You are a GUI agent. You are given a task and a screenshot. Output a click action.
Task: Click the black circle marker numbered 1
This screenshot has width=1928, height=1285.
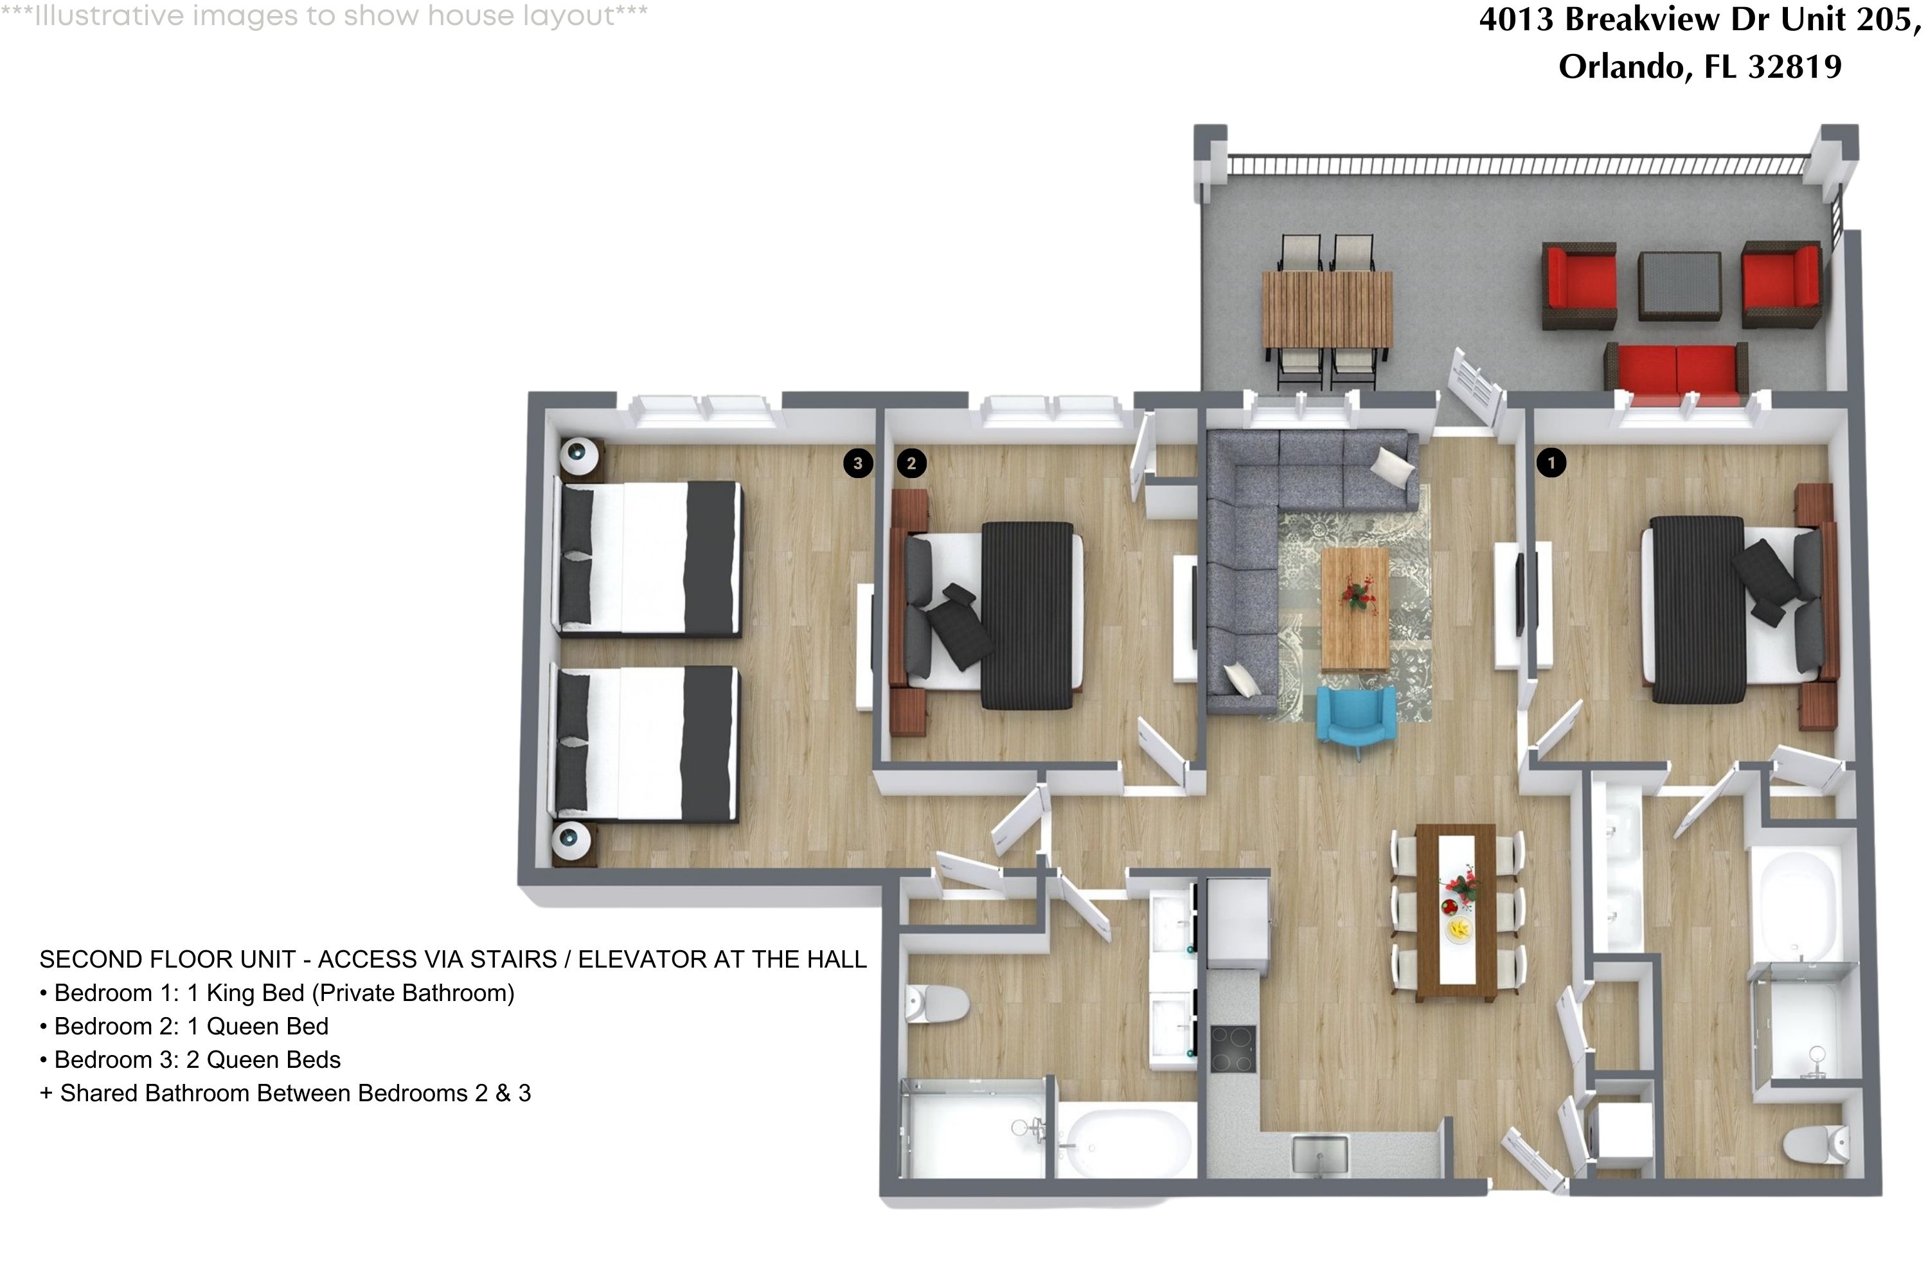pyautogui.click(x=1550, y=463)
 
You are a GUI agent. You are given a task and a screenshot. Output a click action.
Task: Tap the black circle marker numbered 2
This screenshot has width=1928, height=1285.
pyautogui.click(x=911, y=463)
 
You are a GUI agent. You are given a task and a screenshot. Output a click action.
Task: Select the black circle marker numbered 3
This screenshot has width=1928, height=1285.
pyautogui.click(x=857, y=463)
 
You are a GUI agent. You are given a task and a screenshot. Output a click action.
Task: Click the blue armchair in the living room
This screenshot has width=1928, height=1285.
pyautogui.click(x=1356, y=716)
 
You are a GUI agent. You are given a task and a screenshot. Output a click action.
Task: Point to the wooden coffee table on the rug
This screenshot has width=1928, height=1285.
pyautogui.click(x=1354, y=608)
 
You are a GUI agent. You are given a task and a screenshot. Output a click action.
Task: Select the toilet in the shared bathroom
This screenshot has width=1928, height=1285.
pyautogui.click(x=934, y=1004)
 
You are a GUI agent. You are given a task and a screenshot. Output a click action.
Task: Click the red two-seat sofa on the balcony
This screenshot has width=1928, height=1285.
pyautogui.click(x=1675, y=369)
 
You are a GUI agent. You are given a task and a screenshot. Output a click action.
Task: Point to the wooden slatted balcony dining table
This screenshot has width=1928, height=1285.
pyautogui.click(x=1326, y=310)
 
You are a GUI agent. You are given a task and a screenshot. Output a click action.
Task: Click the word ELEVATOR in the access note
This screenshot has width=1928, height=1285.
pyautogui.click(x=636, y=960)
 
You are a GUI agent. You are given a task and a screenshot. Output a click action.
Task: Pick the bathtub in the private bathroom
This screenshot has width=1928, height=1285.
pyautogui.click(x=1795, y=900)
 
